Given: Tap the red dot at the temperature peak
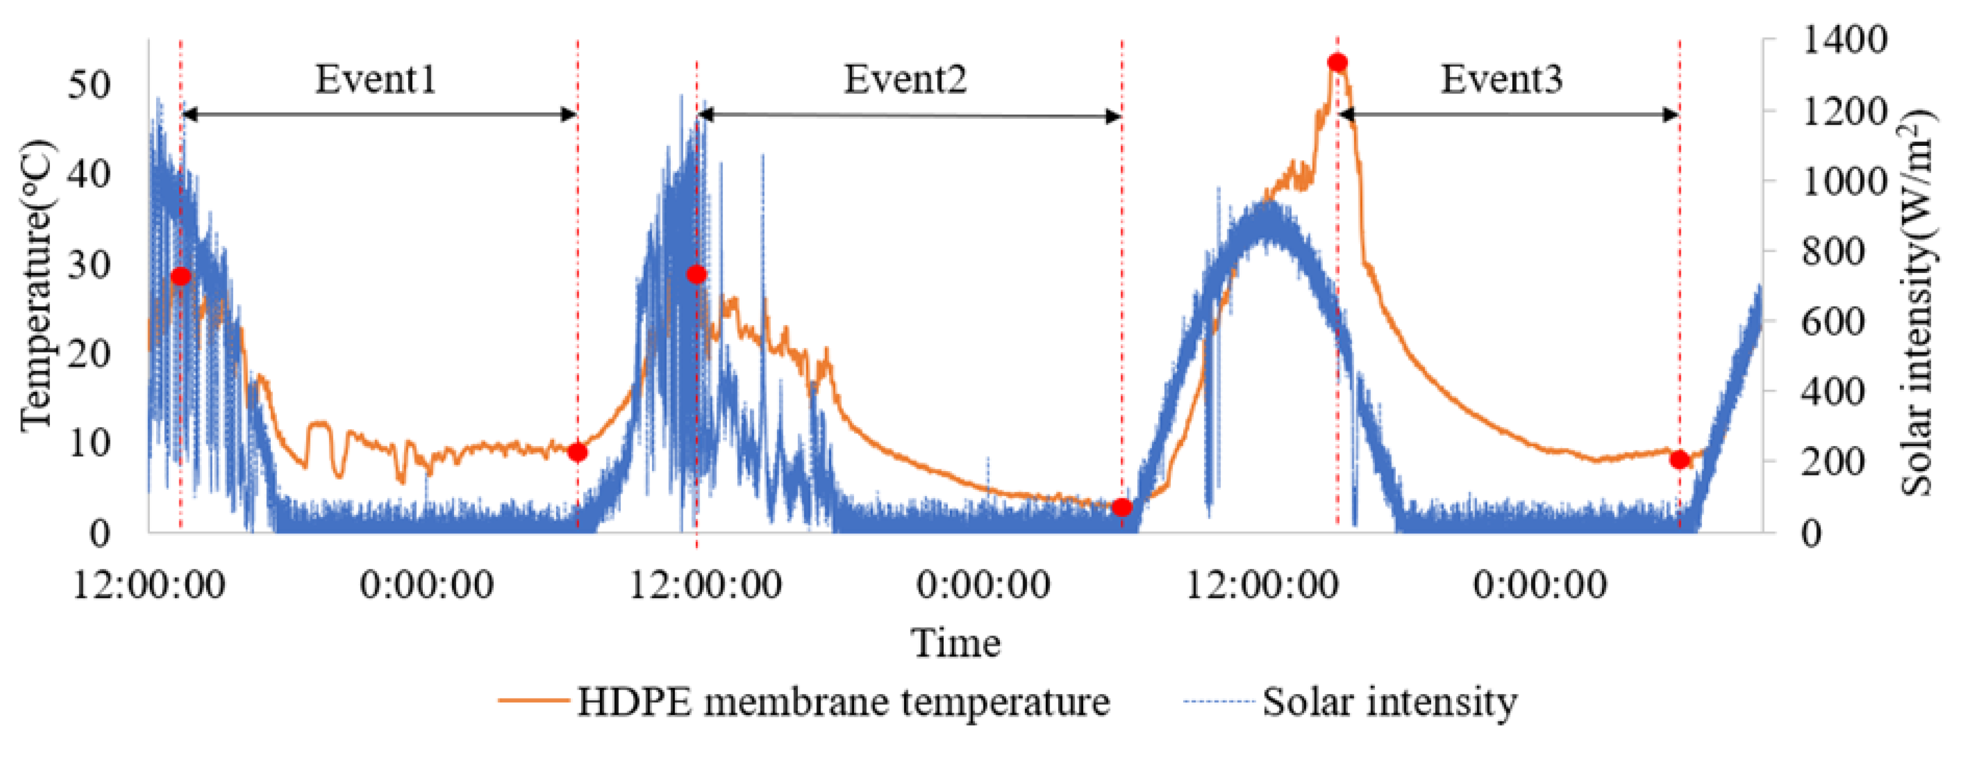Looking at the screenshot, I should pos(1338,62).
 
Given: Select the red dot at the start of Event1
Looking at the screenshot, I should pos(180,276).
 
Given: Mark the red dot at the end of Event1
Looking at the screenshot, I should pos(577,452).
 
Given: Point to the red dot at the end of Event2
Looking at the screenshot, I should pos(1122,507).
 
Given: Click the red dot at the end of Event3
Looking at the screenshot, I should pos(1680,460).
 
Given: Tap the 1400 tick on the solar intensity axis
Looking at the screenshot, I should pos(1844,40).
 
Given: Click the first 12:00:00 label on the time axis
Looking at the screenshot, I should pos(149,586).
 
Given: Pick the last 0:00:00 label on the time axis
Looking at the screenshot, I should pos(1540,586).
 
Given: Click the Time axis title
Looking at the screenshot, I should pos(956,643).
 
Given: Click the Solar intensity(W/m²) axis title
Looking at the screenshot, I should pos(1919,302).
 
